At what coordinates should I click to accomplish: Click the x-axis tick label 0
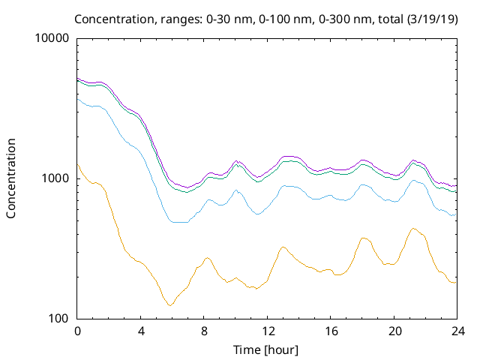(77, 331)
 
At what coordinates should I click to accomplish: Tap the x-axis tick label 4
(141, 331)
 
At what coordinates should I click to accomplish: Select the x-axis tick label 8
(204, 331)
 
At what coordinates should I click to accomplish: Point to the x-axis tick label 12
(268, 331)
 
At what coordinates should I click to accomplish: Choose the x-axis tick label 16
(331, 331)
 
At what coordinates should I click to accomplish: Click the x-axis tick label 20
(394, 331)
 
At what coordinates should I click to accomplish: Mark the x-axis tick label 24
(457, 331)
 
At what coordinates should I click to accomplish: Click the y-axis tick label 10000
(52, 39)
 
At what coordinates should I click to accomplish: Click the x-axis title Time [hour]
(267, 349)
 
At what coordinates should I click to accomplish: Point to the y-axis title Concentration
(11, 178)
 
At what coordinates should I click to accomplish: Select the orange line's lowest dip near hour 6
(170, 305)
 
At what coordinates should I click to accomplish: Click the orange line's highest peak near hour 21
(413, 228)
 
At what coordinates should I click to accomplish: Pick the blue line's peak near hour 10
(236, 190)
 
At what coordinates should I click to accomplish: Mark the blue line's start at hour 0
(78, 98)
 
